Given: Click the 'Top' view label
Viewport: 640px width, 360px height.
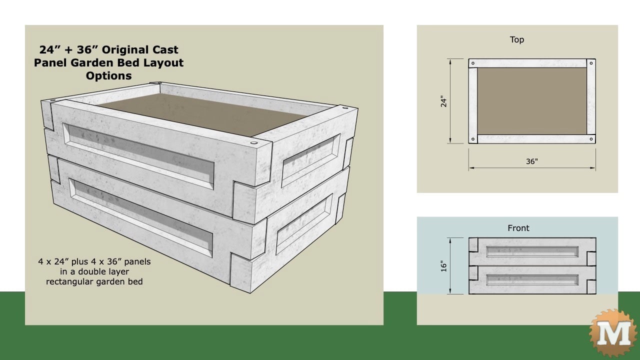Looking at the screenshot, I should [x=517, y=40].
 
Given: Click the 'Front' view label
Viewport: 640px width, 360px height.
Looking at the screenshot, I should [x=518, y=228].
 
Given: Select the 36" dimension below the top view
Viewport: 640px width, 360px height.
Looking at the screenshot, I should [x=531, y=161].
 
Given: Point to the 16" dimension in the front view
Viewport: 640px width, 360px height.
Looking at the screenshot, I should [x=443, y=265].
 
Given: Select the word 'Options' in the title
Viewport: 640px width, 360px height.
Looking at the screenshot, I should [x=108, y=76].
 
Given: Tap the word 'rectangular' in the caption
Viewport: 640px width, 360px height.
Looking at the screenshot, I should [x=69, y=281].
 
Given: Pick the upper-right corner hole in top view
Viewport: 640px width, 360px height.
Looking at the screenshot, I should [x=591, y=63].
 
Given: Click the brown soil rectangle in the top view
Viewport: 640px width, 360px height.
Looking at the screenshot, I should [x=532, y=101].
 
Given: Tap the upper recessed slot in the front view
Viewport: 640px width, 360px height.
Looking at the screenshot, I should [x=532, y=251].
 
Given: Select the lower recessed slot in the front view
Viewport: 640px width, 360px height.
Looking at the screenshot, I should [x=532, y=279].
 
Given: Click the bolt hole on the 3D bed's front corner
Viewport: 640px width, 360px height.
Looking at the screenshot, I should [x=250, y=142].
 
